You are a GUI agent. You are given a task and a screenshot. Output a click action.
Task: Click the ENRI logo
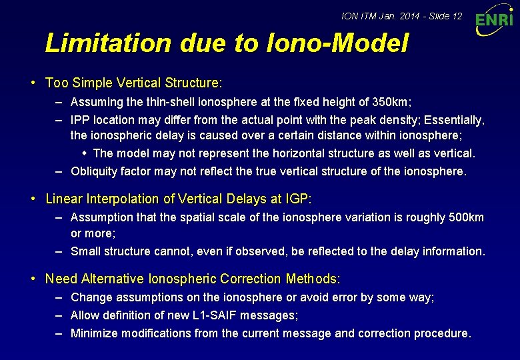tap(494, 22)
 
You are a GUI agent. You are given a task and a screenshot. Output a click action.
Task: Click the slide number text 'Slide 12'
tap(443, 15)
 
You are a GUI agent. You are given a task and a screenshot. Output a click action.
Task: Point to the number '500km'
tap(467, 217)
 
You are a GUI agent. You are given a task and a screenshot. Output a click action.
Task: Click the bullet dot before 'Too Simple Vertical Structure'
tap(33, 83)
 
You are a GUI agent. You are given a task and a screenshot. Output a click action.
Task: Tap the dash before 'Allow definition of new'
tap(59, 315)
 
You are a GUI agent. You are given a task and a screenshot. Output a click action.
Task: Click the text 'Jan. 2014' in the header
tap(394, 15)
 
